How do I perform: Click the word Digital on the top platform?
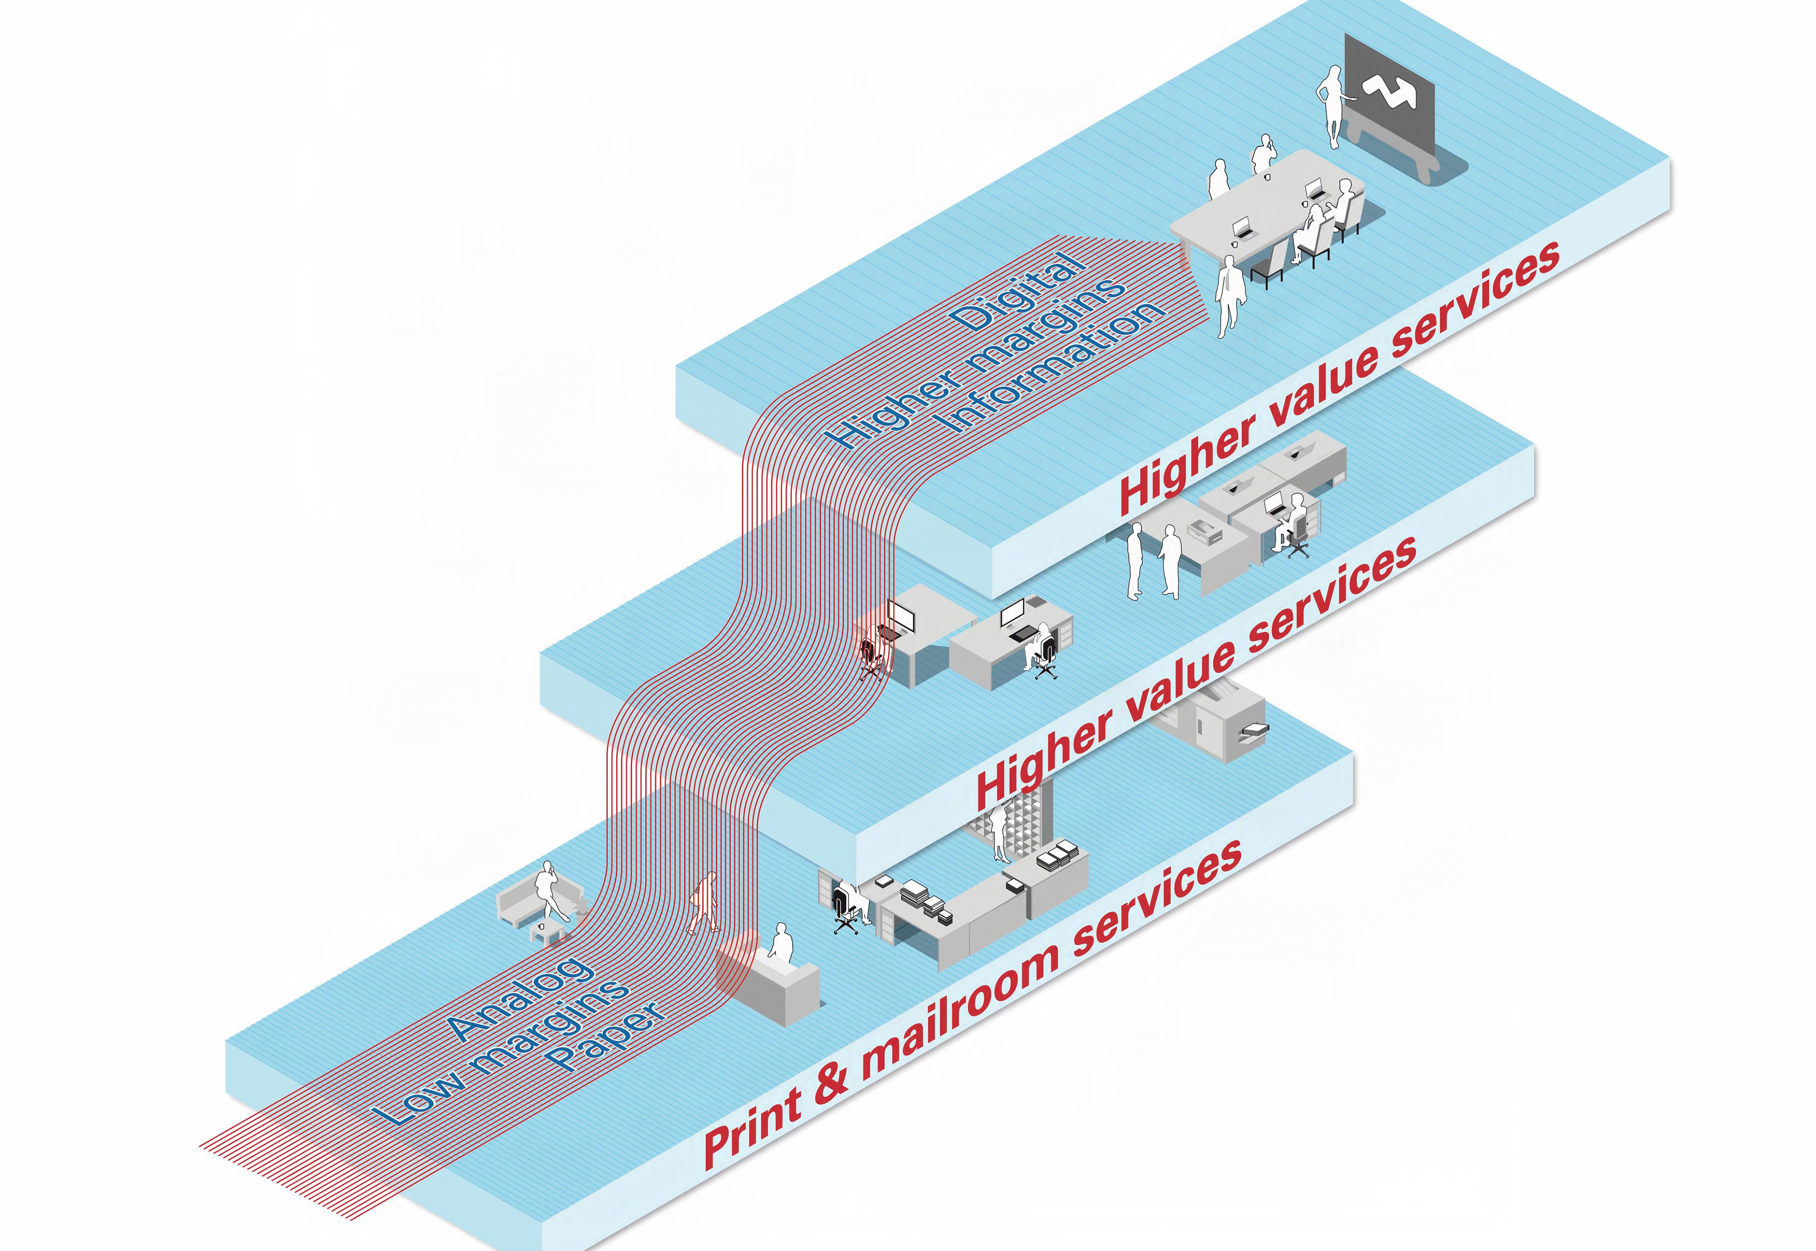tap(1018, 291)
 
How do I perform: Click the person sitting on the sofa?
tap(549, 889)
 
